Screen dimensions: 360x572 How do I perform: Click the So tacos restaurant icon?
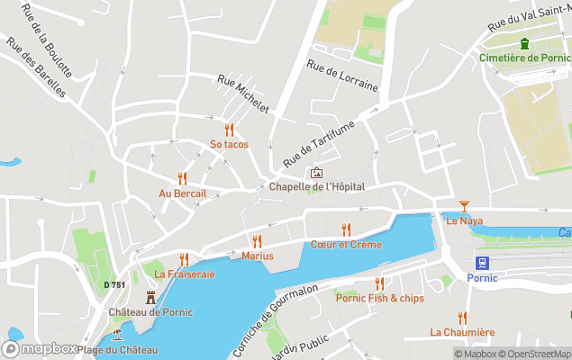pyautogui.click(x=229, y=129)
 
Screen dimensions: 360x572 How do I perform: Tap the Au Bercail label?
pyautogui.click(x=183, y=193)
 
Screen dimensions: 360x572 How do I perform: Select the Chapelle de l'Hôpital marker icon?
pyautogui.click(x=316, y=173)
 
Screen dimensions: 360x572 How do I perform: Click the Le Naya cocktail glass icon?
pyautogui.click(x=464, y=206)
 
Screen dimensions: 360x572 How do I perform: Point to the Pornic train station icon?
pyautogui.click(x=481, y=263)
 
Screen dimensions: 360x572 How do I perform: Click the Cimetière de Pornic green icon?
pyautogui.click(x=523, y=44)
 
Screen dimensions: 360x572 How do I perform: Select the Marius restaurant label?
pyautogui.click(x=258, y=256)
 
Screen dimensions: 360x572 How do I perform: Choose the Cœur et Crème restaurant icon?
pyautogui.click(x=346, y=229)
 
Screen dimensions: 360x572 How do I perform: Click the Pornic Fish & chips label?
pyautogui.click(x=379, y=298)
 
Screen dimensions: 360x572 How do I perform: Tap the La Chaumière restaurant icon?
pyautogui.click(x=462, y=317)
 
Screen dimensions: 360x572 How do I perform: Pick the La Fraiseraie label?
pyautogui.click(x=185, y=274)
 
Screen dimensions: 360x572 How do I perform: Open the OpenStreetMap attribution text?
pyautogui.click(x=538, y=354)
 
